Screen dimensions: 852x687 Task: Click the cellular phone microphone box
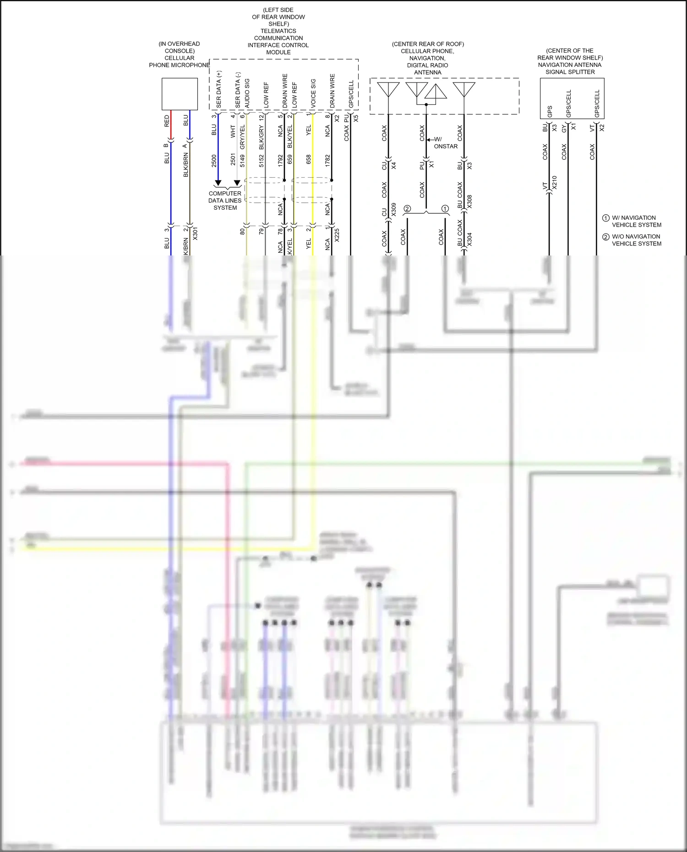(180, 94)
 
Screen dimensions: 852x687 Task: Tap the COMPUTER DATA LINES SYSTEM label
(225, 201)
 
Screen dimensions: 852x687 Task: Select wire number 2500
(214, 161)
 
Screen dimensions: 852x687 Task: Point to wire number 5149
(242, 161)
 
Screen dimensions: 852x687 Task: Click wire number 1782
(327, 161)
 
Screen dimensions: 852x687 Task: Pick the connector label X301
(195, 233)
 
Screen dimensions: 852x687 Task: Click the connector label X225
(337, 235)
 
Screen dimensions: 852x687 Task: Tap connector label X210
(555, 183)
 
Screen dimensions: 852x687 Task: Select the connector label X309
(393, 210)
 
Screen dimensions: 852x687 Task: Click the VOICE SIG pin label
(313, 93)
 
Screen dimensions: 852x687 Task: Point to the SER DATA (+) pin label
(219, 89)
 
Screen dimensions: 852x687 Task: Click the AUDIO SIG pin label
(247, 93)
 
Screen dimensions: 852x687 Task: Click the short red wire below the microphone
(171, 126)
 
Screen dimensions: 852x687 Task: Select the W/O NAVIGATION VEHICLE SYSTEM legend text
(636, 240)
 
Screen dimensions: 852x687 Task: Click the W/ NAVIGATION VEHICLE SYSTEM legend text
(636, 221)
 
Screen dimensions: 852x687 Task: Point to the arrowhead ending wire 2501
(237, 183)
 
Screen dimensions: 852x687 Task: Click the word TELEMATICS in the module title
(278, 31)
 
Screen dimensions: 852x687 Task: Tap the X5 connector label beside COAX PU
(356, 118)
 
